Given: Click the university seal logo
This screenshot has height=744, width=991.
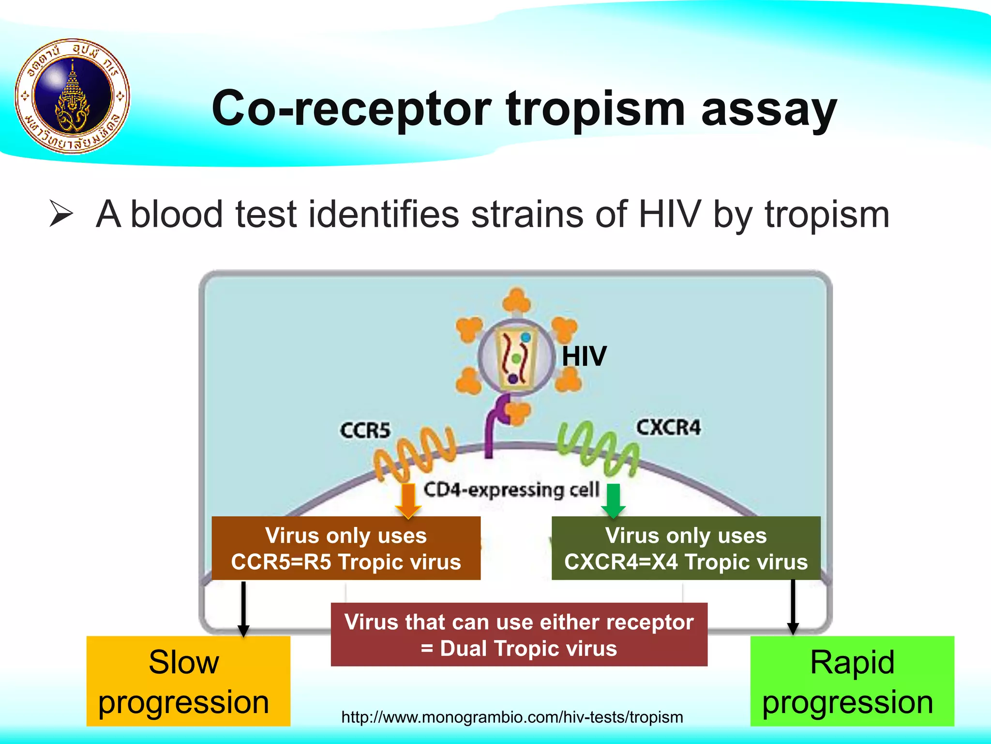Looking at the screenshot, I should tap(73, 96).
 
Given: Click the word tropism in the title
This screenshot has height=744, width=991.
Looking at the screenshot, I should tap(595, 109).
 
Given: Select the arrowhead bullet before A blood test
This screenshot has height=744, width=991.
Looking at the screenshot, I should tap(61, 215).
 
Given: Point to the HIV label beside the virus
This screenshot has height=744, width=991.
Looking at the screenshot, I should tap(584, 356).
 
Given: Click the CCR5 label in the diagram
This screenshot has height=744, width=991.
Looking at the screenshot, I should tap(365, 430).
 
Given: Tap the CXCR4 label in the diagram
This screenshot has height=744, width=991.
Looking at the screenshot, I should tap(668, 427).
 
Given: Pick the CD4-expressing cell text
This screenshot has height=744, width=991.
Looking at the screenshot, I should tap(511, 490).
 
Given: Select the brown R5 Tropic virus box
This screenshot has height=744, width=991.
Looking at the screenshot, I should tap(346, 548).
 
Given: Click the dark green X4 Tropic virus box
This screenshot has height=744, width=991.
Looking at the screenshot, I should tap(686, 548).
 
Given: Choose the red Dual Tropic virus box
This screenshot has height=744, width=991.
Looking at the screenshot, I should tap(519, 635).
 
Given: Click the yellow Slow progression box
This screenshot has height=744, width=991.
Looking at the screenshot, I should tap(188, 681).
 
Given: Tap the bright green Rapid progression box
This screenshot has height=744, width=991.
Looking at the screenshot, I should tap(852, 681).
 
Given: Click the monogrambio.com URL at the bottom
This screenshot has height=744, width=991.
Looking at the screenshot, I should tap(512, 717).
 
